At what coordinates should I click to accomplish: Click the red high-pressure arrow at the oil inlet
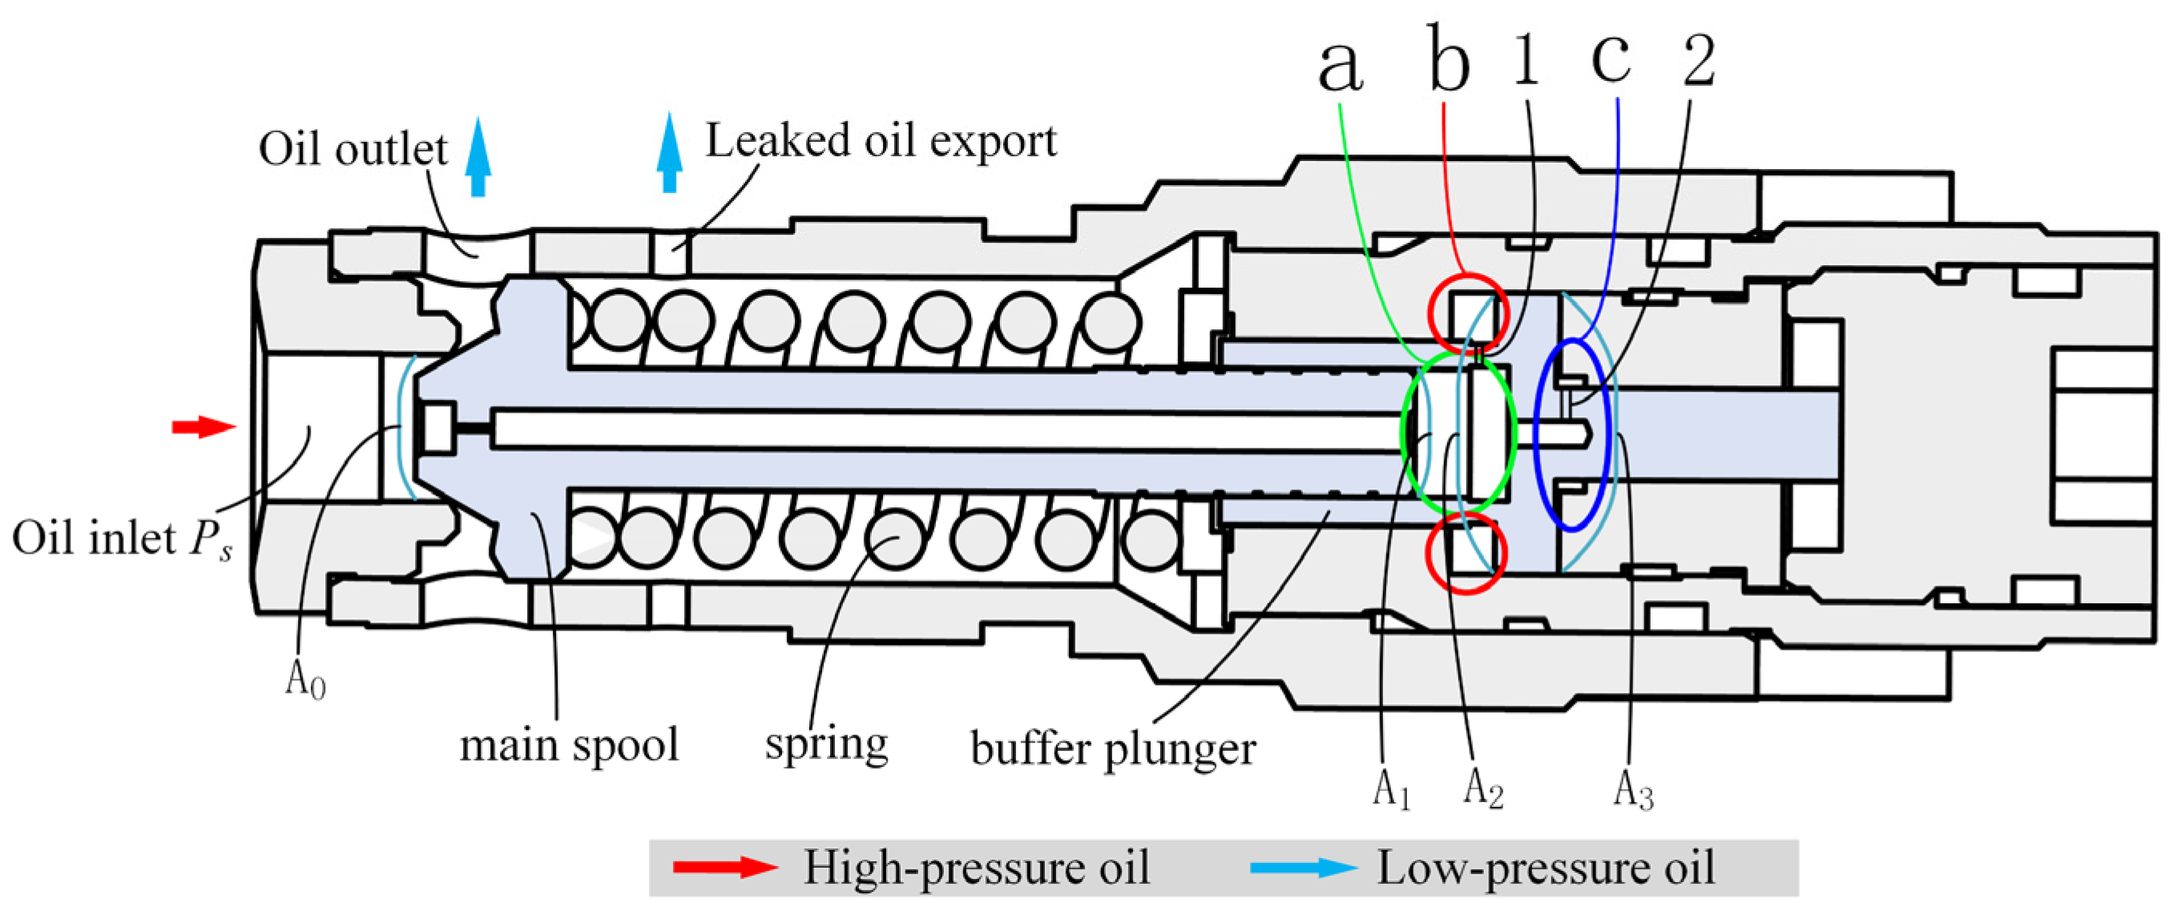coord(203,426)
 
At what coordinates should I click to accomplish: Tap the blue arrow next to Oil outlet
coord(478,157)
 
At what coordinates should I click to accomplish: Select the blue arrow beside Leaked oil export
coord(669,153)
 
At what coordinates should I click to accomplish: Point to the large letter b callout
coord(1449,59)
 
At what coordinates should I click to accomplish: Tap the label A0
coord(305,678)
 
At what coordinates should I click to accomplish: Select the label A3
coord(1633,790)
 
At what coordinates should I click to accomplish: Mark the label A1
coord(1391,790)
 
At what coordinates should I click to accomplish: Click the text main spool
coord(569,745)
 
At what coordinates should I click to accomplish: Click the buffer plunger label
coord(1113,749)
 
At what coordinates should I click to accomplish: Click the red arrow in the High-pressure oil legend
coord(724,867)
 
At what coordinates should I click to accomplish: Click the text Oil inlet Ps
coord(122,539)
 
